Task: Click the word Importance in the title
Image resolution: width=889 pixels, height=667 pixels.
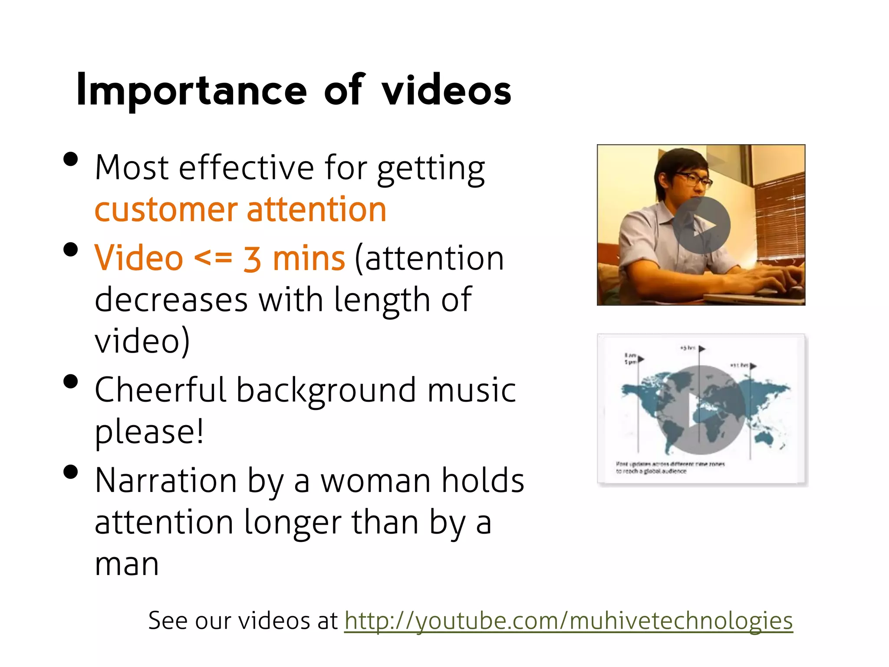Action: (x=191, y=90)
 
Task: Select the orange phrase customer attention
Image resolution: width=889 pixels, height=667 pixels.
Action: (x=240, y=210)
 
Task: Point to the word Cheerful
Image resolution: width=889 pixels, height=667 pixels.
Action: (x=160, y=390)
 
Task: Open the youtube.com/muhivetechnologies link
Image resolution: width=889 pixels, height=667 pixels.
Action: (x=569, y=620)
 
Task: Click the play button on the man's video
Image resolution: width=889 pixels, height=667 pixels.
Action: (x=702, y=225)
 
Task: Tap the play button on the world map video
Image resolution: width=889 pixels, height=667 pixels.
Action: (x=700, y=410)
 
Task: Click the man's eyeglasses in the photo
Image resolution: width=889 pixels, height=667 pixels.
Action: (x=694, y=179)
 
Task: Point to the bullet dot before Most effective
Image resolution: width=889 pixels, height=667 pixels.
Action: (x=70, y=159)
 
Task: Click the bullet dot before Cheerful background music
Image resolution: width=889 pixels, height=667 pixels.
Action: (x=70, y=382)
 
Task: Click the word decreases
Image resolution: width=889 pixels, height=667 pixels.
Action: (x=171, y=300)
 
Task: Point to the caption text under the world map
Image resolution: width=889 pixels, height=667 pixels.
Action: (x=670, y=468)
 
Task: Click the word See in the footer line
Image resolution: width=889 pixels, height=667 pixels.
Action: (x=167, y=620)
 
